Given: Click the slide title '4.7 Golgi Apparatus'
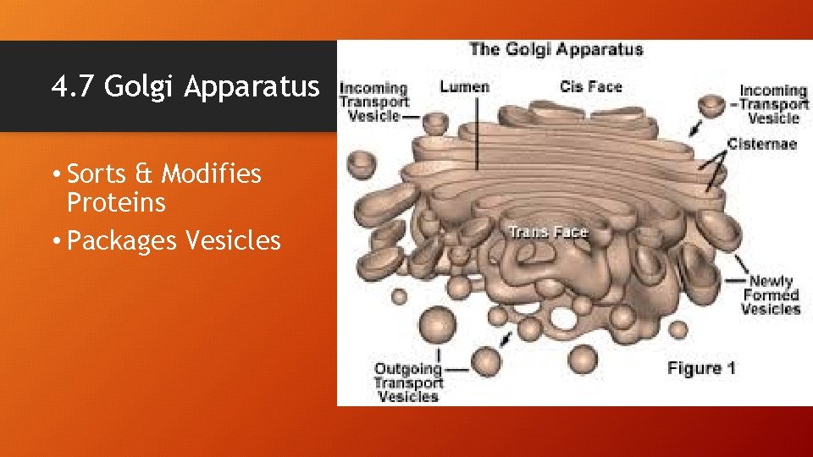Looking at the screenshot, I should tap(185, 86).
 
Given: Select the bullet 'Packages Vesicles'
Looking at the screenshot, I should tap(173, 241).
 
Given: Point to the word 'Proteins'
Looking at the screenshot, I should tap(116, 203).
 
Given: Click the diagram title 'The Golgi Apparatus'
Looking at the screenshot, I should tap(556, 49).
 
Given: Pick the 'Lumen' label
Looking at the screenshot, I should tap(464, 86).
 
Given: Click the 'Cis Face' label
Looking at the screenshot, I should tap(590, 86).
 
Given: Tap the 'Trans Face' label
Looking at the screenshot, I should tap(548, 232).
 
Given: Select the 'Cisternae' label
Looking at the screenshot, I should tap(760, 144).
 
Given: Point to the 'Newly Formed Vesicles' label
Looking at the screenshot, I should tap(771, 295).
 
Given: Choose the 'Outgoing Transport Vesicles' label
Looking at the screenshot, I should tap(408, 383).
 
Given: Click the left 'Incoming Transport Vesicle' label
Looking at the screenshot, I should tap(373, 102).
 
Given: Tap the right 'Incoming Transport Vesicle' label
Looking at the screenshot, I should tap(773, 104).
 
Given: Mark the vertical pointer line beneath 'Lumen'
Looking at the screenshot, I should tap(477, 135).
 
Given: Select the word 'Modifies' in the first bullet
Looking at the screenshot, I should tap(212, 174).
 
